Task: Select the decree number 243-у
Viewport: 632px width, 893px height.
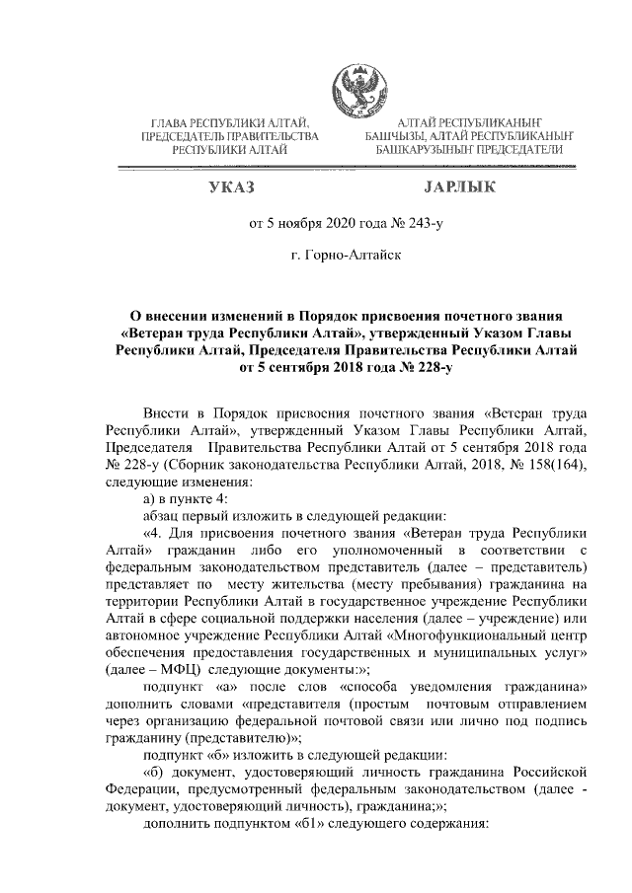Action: tap(422, 223)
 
